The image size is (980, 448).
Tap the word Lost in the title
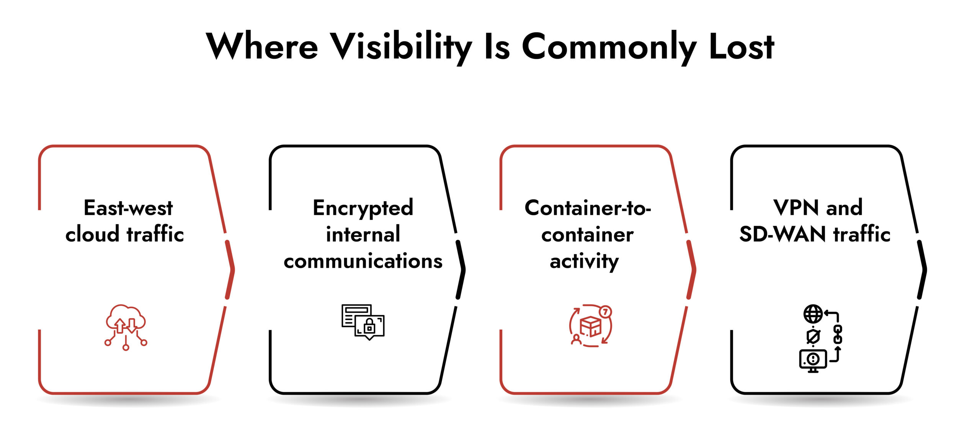pos(741,47)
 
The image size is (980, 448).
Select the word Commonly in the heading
pos(609,47)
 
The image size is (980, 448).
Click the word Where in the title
pos(262,47)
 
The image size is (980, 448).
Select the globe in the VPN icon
pos(813,314)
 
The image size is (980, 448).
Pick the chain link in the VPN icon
pos(838,334)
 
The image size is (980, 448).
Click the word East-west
pos(128,208)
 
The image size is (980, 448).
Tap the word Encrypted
pos(363,208)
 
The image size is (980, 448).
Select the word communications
pos(363,261)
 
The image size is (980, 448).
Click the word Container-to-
pos(588,208)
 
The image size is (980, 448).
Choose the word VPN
pos(796,208)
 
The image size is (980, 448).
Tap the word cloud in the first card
pos(92,234)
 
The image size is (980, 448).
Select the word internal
pos(363,234)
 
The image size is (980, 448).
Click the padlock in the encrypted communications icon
pos(369,327)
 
